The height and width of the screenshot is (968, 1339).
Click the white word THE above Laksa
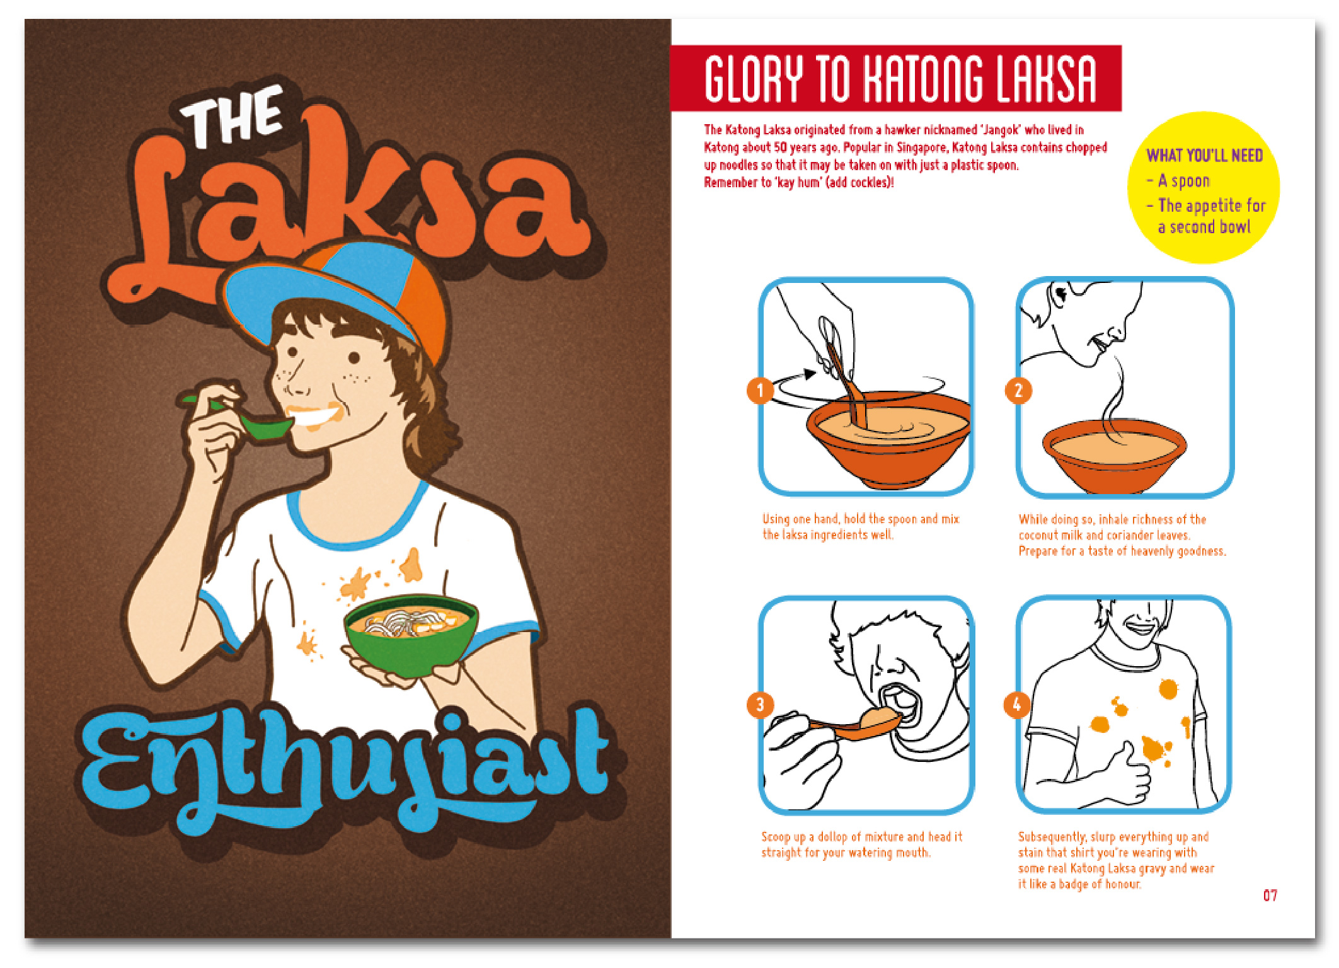click(x=232, y=117)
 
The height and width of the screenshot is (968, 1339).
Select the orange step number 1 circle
click(x=761, y=391)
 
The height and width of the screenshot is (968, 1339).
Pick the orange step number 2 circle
click(x=1018, y=391)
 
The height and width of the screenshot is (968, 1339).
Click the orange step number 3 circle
click(x=761, y=705)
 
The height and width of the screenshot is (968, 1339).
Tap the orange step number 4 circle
click(x=1017, y=705)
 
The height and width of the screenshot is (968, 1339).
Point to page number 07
click(x=1270, y=896)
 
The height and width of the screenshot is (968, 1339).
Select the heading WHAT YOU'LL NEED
click(x=1204, y=156)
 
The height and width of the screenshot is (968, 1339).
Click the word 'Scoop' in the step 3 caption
click(x=776, y=837)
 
